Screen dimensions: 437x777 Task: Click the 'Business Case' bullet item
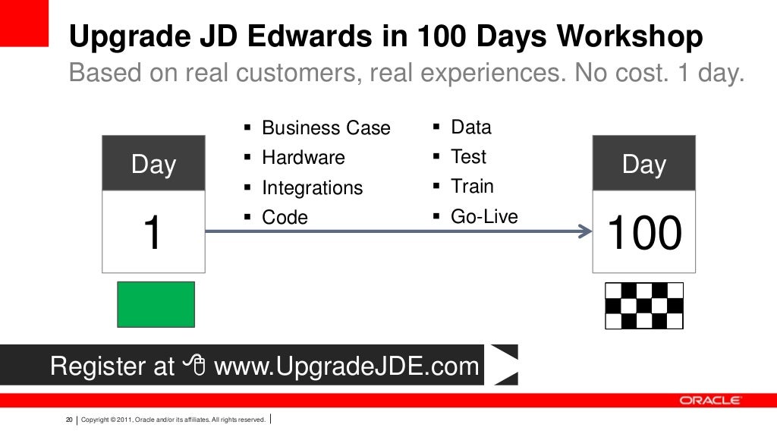[x=326, y=128]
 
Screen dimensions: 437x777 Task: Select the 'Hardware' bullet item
[x=303, y=158]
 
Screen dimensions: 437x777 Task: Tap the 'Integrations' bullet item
[x=312, y=188]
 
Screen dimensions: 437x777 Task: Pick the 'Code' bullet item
[x=285, y=218]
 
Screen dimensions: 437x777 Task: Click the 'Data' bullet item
[x=470, y=127]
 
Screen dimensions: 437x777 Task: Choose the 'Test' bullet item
[x=468, y=157]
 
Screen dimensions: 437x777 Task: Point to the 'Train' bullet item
[x=471, y=187]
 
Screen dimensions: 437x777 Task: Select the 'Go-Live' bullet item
[x=484, y=217]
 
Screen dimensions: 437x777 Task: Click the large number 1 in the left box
[x=153, y=233]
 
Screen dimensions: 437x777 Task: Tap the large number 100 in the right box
[x=644, y=233]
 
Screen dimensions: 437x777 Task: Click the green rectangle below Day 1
[x=156, y=304]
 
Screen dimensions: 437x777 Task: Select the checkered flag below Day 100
[x=643, y=305]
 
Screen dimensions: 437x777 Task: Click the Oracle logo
[x=709, y=401]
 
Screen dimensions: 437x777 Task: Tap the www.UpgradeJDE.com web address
[x=347, y=367]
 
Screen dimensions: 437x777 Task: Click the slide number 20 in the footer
[x=69, y=420]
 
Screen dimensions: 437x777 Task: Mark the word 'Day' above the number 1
[x=153, y=165]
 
